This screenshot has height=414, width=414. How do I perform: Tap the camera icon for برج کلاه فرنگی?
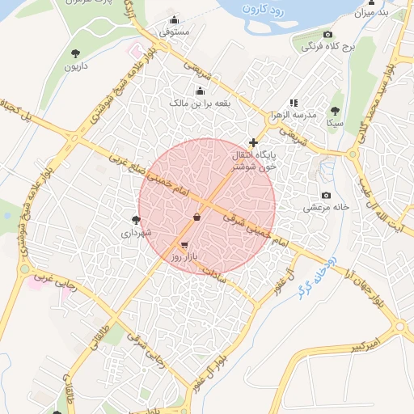pos(327,35)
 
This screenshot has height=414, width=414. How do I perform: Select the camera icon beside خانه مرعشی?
pos(326,195)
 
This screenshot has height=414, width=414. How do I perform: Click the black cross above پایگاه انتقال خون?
pos(253,142)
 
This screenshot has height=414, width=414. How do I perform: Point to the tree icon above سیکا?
pos(335,111)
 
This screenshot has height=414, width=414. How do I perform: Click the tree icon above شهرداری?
pos(136,220)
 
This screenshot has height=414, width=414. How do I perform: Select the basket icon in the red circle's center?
pos(196,218)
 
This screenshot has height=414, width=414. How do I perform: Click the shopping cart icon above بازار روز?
pos(184,244)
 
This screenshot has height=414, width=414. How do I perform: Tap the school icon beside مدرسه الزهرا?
pos(294,103)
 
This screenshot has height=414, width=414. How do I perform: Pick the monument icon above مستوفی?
pos(174,21)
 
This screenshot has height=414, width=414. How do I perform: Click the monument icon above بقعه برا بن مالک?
pos(200,91)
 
